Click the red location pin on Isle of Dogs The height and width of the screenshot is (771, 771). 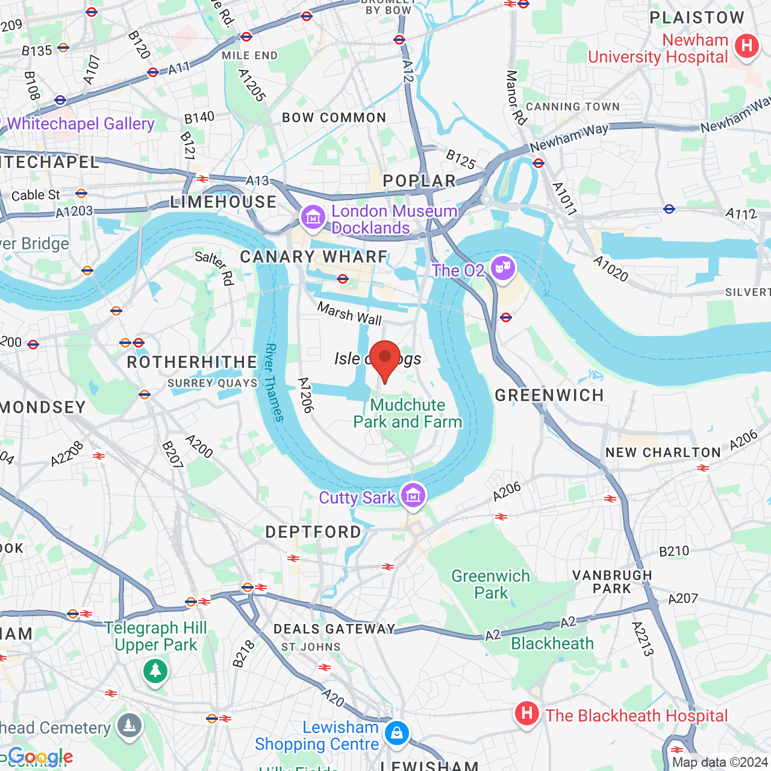point(385,357)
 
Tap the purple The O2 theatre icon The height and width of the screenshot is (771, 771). point(502,266)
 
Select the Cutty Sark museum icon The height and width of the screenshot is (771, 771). point(413,496)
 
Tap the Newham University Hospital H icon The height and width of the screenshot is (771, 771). point(747,46)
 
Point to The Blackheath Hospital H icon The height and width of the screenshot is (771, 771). point(527,714)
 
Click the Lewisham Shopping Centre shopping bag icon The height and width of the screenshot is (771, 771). point(396,733)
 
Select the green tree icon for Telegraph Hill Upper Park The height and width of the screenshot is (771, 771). point(155,670)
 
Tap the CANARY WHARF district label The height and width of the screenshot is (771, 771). point(314,257)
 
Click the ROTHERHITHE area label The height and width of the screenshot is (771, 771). point(192,362)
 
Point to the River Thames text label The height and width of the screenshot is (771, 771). point(275,382)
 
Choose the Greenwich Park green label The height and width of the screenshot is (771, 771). point(491,584)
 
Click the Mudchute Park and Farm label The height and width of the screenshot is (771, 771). point(408,413)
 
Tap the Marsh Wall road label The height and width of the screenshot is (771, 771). point(349,313)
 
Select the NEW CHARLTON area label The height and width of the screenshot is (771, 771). point(663,452)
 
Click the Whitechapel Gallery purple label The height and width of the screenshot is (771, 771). point(81,123)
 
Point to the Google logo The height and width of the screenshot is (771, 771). point(40,757)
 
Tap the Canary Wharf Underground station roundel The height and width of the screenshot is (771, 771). point(343,279)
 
